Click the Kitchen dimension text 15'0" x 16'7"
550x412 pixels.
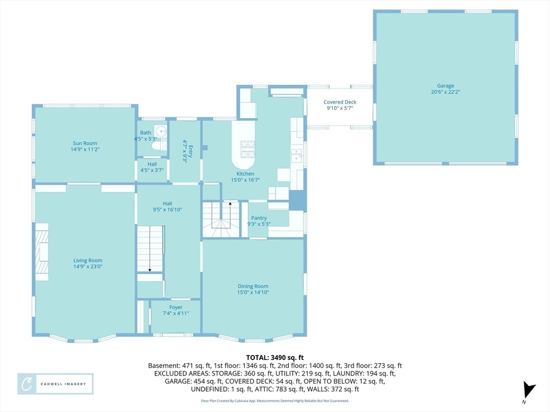[245, 180]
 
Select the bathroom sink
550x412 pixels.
[161, 132]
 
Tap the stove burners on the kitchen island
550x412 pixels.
[248, 149]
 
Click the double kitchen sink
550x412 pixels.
[296, 155]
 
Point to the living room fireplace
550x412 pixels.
[42, 252]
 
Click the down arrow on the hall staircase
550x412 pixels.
[150, 249]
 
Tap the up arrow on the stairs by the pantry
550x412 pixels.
[230, 215]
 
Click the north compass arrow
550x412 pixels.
[529, 390]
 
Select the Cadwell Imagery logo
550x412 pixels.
[55, 384]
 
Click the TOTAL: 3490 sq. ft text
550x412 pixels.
[274, 358]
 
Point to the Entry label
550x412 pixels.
[187, 151]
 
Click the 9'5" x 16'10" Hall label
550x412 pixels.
[168, 207]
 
